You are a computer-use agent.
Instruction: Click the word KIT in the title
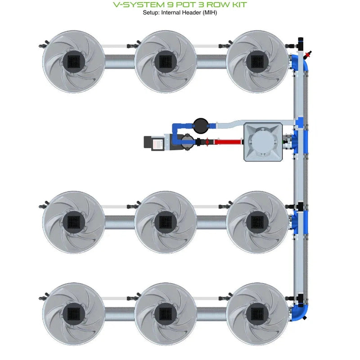point(237,5)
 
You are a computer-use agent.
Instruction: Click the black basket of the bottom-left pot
point(73,312)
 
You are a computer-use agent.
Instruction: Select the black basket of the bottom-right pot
point(257,312)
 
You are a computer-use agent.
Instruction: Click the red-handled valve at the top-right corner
point(308,55)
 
